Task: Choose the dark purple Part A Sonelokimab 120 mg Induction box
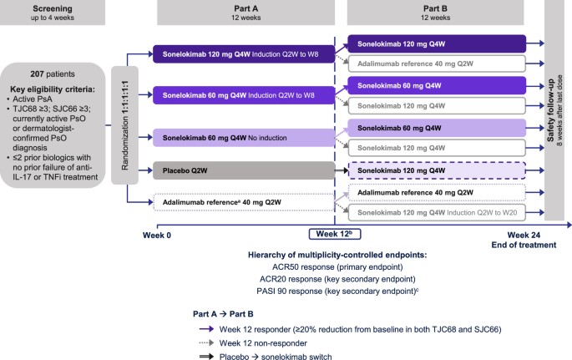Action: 242,54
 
